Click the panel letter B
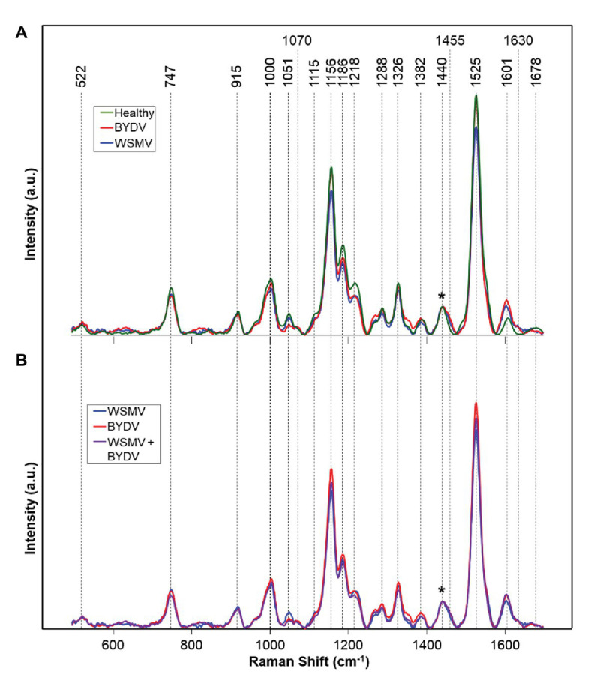[23, 358]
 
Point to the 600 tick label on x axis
[113, 646]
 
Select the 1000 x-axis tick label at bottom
[270, 646]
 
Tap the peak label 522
[81, 78]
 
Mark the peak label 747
[170, 78]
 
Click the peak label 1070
[297, 40]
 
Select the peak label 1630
[518, 40]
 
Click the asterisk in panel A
[442, 296]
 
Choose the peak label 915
[237, 78]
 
